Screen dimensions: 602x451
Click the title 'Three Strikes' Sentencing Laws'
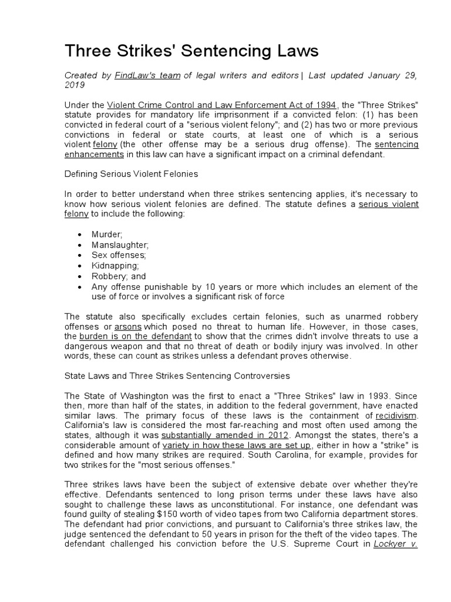[191, 52]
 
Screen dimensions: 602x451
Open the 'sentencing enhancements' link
[94, 154]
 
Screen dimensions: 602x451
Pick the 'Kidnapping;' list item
[115, 266]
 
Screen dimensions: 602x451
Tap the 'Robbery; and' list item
[119, 276]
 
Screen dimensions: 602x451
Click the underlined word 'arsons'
[128, 326]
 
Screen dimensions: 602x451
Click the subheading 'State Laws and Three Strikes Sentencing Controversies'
[177, 375]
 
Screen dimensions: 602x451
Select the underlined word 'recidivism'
[396, 415]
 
